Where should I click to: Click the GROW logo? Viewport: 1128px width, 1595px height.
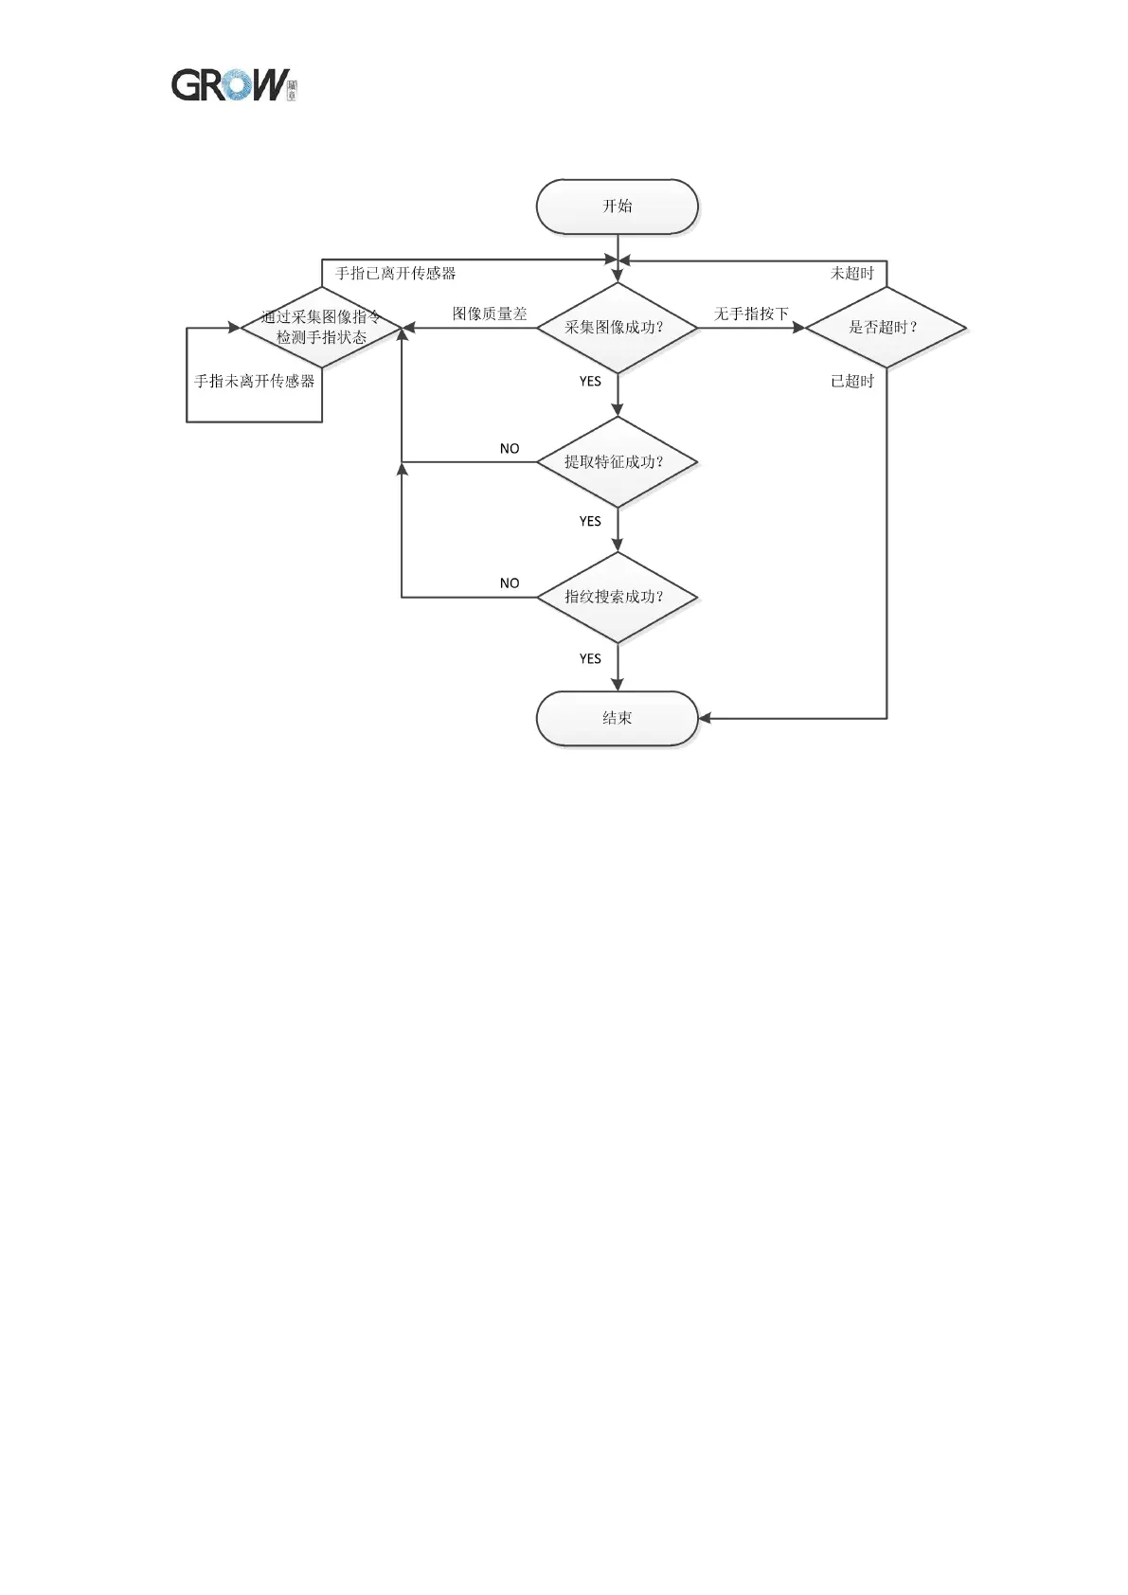tap(233, 85)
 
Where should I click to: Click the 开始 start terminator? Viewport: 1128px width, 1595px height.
tap(617, 206)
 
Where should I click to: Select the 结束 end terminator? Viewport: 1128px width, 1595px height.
tap(617, 718)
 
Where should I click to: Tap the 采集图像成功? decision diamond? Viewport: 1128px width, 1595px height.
tap(617, 328)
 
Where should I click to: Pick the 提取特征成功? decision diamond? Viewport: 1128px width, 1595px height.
tap(617, 462)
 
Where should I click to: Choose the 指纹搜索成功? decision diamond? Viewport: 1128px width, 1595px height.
tap(617, 597)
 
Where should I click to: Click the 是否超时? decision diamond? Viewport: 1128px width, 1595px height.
tap(886, 328)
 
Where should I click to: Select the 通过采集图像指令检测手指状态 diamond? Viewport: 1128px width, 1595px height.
tap(321, 328)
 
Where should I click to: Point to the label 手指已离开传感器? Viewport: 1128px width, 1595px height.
tap(395, 274)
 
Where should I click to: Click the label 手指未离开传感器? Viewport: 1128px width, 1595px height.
tap(254, 382)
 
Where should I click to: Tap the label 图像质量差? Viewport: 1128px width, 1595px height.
tap(489, 314)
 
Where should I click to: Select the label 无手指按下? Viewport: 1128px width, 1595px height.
tap(751, 314)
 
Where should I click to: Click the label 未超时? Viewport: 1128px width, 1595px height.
tap(851, 274)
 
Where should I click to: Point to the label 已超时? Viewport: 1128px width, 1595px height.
tap(851, 382)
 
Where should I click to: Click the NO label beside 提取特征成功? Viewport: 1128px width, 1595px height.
tap(510, 449)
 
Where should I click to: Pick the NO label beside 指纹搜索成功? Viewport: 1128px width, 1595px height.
tap(510, 583)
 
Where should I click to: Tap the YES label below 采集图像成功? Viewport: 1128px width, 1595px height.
tap(590, 382)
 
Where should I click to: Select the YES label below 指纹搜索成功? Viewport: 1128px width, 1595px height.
tap(590, 659)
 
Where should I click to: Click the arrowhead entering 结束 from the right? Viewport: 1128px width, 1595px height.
tap(705, 719)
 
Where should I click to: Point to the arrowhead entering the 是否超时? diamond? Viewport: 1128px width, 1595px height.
tap(798, 328)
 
